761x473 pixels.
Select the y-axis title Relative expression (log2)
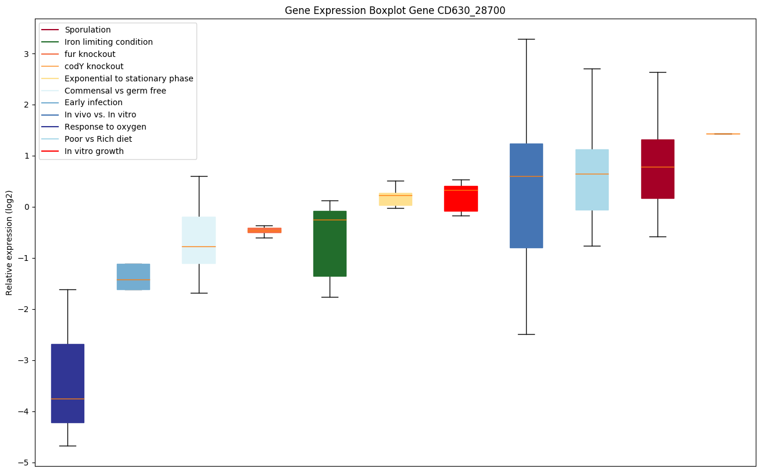9,243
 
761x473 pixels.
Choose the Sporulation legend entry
88,30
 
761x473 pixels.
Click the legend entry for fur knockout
90,54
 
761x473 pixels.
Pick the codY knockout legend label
94,66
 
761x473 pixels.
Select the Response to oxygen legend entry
105,127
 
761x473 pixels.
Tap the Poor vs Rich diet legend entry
98,139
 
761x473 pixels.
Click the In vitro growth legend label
94,151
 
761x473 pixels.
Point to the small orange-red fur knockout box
265,230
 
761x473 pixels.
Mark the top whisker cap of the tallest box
526,39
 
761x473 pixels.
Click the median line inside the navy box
67,399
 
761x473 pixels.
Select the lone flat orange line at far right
723,134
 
